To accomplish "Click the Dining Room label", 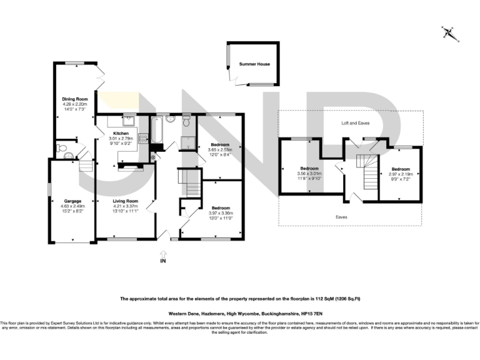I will click(x=74, y=99).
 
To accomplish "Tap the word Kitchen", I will click(x=121, y=134).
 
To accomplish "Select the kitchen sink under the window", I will click(x=129, y=121).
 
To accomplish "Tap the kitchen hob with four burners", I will click(x=141, y=132).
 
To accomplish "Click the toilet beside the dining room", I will click(x=61, y=149).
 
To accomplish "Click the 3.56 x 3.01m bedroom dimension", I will click(x=310, y=174).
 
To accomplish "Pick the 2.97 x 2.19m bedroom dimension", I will click(x=401, y=174).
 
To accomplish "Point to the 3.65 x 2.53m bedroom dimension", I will click(x=220, y=150).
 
